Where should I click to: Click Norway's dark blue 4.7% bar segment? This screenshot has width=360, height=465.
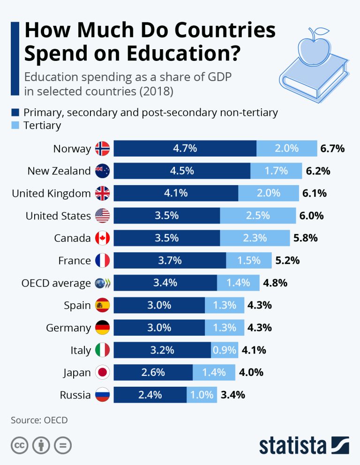coord(185,149)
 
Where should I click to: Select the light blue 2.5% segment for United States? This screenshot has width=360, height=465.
coord(258,216)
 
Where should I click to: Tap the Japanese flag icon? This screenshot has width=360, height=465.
coord(102,373)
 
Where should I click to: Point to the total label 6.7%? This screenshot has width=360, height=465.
coord(332,149)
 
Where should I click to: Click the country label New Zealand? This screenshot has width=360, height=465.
coord(59,171)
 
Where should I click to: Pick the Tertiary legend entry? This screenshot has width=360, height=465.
coord(42,125)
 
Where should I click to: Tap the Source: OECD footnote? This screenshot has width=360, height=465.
coord(39,420)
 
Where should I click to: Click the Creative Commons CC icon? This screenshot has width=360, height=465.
coord(19,445)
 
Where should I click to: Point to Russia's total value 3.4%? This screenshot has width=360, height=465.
coord(233,395)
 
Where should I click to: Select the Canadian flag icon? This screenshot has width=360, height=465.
coord(102,238)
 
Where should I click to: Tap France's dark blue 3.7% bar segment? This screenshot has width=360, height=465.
coord(170,261)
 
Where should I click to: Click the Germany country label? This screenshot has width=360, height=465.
coord(68,328)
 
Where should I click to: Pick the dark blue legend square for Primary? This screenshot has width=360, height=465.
coord(15,112)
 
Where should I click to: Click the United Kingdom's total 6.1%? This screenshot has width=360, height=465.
coord(314,193)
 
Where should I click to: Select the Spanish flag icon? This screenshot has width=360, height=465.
coord(102,306)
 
